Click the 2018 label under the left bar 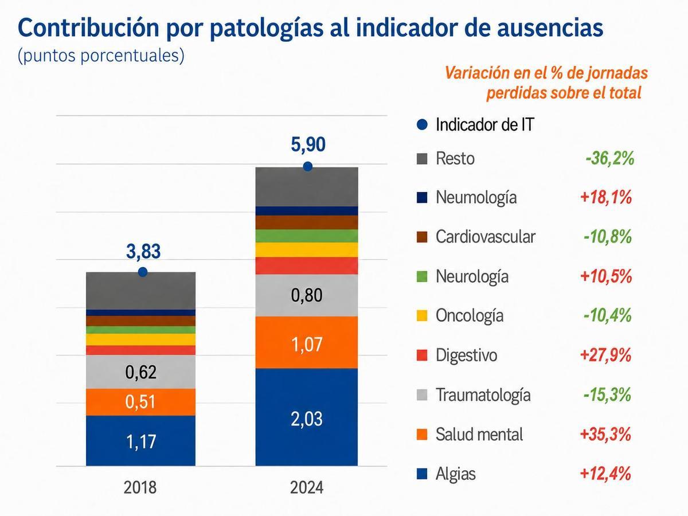coord(140,488)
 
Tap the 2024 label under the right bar coord(307,488)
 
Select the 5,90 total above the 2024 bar coord(308,144)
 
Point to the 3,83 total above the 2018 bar coord(143,252)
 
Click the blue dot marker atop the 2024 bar coord(308,166)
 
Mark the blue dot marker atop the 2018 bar coord(143,272)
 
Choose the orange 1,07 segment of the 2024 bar coord(307,342)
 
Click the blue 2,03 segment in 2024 coord(307,417)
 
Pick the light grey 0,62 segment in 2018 coord(140,372)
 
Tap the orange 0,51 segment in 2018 coord(140,402)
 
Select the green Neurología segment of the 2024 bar coord(307,236)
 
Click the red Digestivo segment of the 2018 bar coord(140,350)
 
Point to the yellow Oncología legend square coord(422,316)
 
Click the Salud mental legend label coord(479,435)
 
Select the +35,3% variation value coord(605,435)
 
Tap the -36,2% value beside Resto coord(609,158)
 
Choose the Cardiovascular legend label coord(486,237)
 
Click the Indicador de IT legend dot coord(422,124)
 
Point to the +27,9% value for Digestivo coord(605,355)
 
